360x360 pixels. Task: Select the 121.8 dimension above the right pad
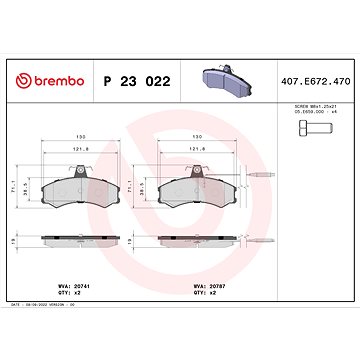(196, 152)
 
